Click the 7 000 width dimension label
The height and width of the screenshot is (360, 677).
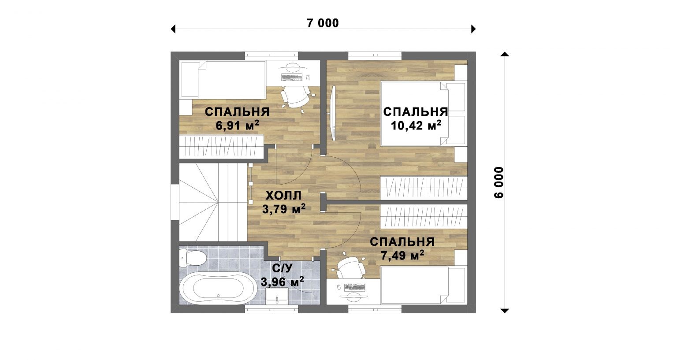coord(323,23)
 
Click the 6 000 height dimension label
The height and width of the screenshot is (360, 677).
coord(499,182)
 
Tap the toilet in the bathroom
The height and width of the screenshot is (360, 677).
coord(193,259)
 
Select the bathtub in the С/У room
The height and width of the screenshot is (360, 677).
coord(218,287)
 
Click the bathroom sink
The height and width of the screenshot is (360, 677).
coord(277,295)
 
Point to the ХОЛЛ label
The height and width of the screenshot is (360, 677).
coord(283,196)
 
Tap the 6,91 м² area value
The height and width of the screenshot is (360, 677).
coord(238,125)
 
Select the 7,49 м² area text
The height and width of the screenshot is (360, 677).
coord(402,256)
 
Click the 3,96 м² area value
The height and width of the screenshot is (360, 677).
coord(282,282)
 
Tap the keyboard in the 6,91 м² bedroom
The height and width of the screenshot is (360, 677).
coord(292,78)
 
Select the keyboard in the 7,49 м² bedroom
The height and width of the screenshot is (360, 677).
coord(355,287)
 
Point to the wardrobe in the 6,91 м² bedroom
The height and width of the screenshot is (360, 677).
coord(222,147)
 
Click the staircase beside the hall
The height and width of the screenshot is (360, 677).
coord(213,202)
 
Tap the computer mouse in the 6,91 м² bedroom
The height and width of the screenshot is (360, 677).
coord(308,78)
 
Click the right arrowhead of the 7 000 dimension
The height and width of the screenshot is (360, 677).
coord(474,29)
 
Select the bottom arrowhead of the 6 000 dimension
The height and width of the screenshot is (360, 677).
coord(505,310)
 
